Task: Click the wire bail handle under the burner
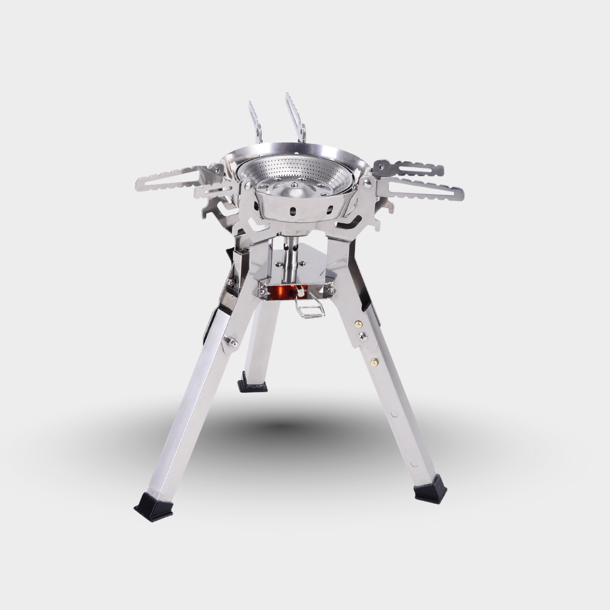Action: [x=310, y=305]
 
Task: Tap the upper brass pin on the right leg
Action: [x=358, y=324]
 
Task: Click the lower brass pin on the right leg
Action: [x=374, y=362]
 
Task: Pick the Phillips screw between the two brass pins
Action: [x=363, y=336]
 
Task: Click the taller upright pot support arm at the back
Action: [x=295, y=116]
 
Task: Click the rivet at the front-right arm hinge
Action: [x=367, y=182]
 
